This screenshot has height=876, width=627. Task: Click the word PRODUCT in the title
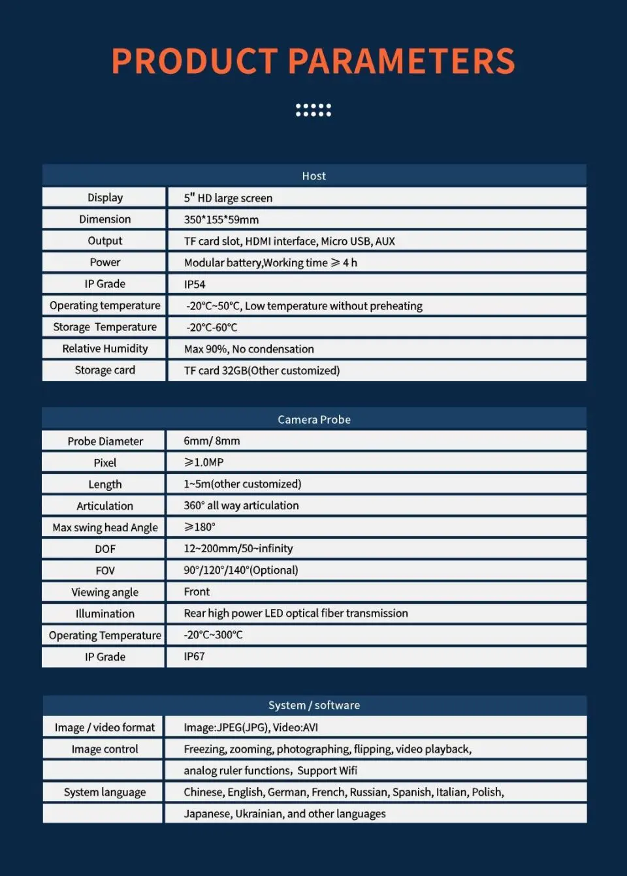(194, 61)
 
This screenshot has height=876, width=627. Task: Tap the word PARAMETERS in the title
(401, 61)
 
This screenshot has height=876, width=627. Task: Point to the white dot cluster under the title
(313, 110)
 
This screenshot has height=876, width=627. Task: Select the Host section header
(313, 176)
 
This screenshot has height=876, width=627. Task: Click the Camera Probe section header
(313, 419)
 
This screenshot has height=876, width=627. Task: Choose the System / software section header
(313, 705)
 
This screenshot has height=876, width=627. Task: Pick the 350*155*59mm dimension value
(221, 219)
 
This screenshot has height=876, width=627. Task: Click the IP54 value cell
(195, 284)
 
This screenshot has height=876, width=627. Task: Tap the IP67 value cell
(194, 657)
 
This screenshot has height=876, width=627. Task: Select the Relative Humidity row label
(105, 349)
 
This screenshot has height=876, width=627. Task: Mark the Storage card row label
(105, 370)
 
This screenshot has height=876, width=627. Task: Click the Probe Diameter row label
(105, 441)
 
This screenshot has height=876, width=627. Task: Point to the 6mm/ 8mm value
(212, 441)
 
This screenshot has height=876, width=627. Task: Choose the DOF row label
(105, 549)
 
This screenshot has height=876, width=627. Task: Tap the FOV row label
(105, 571)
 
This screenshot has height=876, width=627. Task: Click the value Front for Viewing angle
(197, 592)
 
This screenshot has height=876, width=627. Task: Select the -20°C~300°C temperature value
(213, 635)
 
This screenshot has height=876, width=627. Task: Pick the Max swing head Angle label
(105, 527)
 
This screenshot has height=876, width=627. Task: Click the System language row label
(104, 792)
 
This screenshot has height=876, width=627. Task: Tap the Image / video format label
(104, 727)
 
